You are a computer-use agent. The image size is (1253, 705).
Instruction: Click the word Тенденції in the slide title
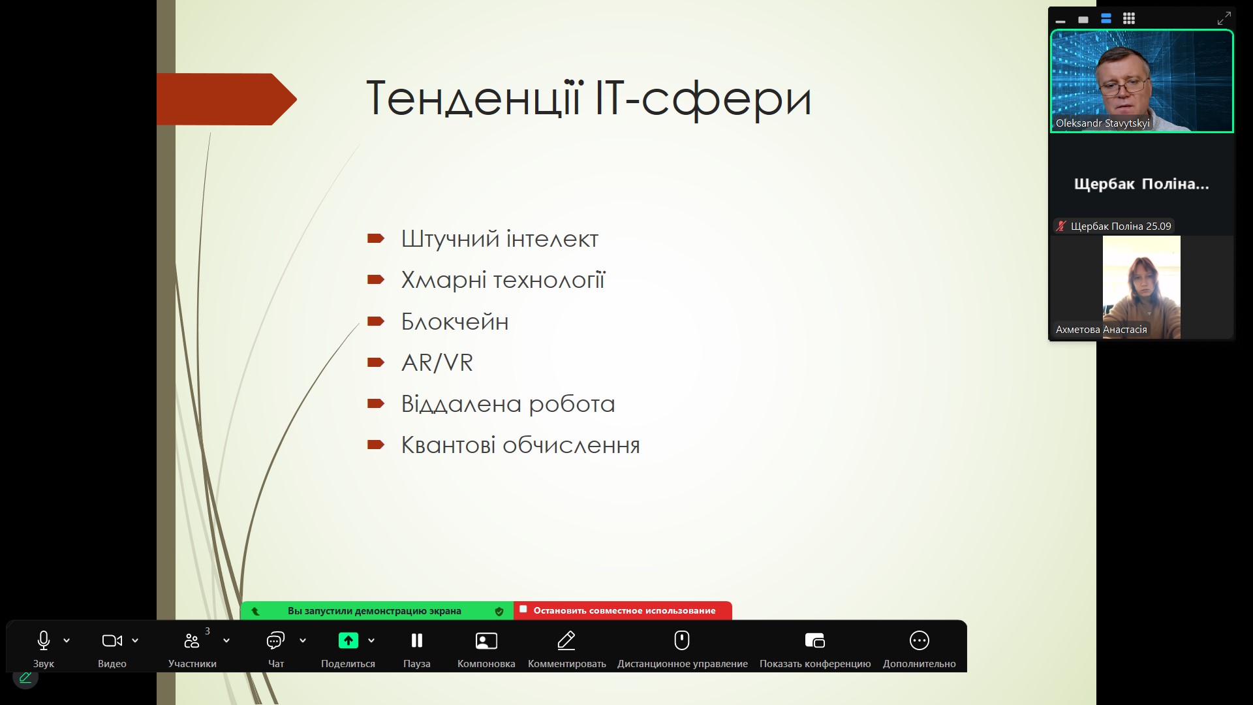474,99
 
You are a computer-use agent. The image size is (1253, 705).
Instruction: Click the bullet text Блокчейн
455,322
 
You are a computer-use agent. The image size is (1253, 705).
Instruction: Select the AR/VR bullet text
437,363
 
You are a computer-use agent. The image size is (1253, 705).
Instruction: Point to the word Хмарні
444,281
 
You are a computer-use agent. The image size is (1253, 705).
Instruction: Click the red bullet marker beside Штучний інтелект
376,239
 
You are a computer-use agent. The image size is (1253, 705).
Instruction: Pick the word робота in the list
572,404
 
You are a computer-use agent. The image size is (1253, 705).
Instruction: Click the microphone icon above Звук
44,640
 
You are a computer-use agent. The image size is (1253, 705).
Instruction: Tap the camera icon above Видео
112,641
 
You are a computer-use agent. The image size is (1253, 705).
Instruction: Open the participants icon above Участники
192,641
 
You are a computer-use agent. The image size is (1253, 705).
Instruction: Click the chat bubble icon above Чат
275,640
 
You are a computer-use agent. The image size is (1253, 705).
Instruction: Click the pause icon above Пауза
417,640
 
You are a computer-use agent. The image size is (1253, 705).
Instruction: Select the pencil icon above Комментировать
566,640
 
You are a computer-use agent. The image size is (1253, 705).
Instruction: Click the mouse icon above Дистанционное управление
682,640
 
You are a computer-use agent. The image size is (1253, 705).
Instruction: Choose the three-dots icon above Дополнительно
920,640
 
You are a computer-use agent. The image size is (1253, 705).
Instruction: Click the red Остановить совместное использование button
623,610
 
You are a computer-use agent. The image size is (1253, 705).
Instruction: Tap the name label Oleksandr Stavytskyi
1103,123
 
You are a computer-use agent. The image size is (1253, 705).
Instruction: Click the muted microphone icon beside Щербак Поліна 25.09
1061,227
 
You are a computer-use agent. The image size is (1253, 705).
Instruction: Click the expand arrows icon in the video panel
1224,18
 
